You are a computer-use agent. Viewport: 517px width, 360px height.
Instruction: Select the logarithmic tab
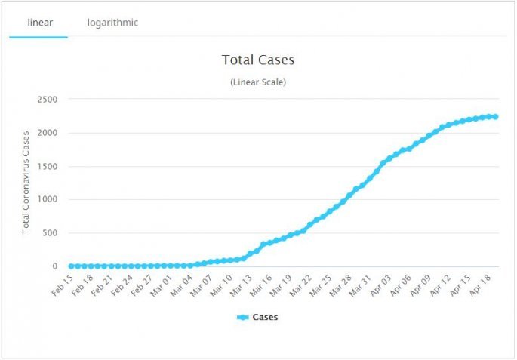pyautogui.click(x=112, y=23)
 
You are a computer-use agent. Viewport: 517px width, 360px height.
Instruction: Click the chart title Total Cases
pyautogui.click(x=258, y=59)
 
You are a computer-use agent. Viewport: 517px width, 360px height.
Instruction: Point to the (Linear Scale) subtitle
pyautogui.click(x=258, y=82)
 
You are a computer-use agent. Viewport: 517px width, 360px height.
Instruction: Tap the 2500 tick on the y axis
pyautogui.click(x=48, y=100)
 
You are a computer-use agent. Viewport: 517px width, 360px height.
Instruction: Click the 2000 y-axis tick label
pyautogui.click(x=48, y=133)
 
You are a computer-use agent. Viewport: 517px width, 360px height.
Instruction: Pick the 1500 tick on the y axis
pyautogui.click(x=48, y=166)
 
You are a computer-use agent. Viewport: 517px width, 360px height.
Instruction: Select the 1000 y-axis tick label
pyautogui.click(x=48, y=200)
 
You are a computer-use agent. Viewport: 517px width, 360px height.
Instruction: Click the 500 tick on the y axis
pyautogui.click(x=50, y=233)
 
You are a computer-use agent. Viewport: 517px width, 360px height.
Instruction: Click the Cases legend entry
pyautogui.click(x=257, y=318)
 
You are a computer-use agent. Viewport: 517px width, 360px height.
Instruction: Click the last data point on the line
pyautogui.click(x=495, y=117)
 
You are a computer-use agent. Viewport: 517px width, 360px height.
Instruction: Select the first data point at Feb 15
pyautogui.click(x=72, y=266)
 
